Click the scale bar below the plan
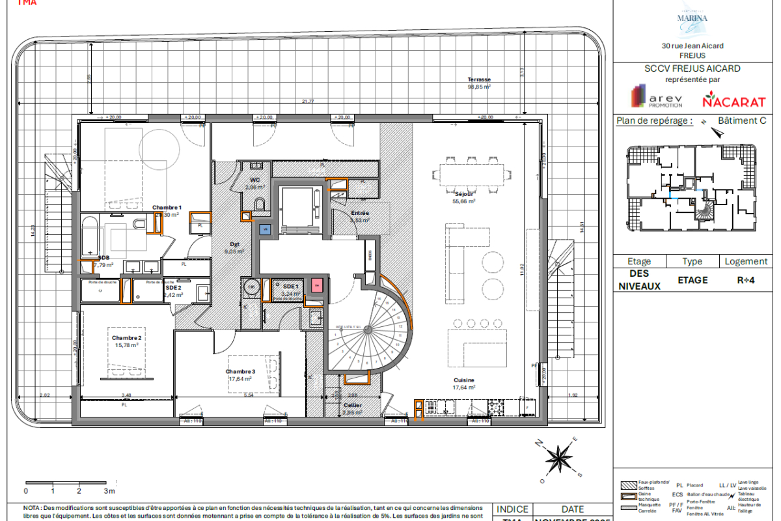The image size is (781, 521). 65,483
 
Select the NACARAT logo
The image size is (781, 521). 733,102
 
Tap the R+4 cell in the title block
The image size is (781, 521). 746,280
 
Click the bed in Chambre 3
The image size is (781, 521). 253,373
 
